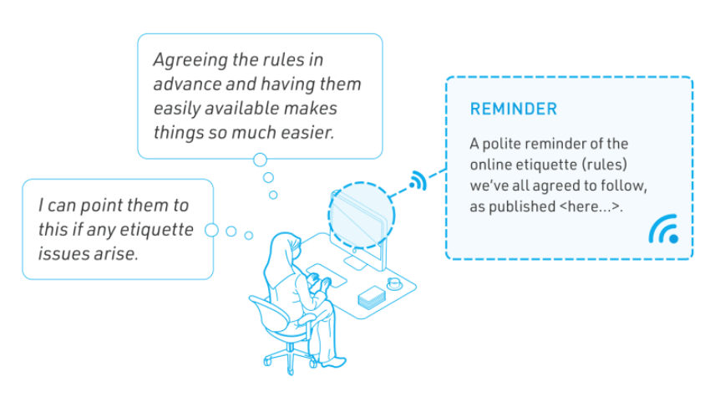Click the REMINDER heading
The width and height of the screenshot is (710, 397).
[513, 109]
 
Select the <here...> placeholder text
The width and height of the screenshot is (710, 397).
[590, 206]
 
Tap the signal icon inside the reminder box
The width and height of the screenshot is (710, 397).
[663, 229]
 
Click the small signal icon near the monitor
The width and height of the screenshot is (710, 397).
[418, 181]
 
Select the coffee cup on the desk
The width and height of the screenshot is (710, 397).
[394, 283]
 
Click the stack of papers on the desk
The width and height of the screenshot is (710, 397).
[372, 298]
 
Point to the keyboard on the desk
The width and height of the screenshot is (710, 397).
[327, 275]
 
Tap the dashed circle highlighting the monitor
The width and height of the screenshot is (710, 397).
[362, 183]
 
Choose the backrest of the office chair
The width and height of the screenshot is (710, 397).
[267, 315]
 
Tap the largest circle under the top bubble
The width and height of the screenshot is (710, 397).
[260, 160]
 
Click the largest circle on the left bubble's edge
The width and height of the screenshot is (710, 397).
[211, 230]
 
